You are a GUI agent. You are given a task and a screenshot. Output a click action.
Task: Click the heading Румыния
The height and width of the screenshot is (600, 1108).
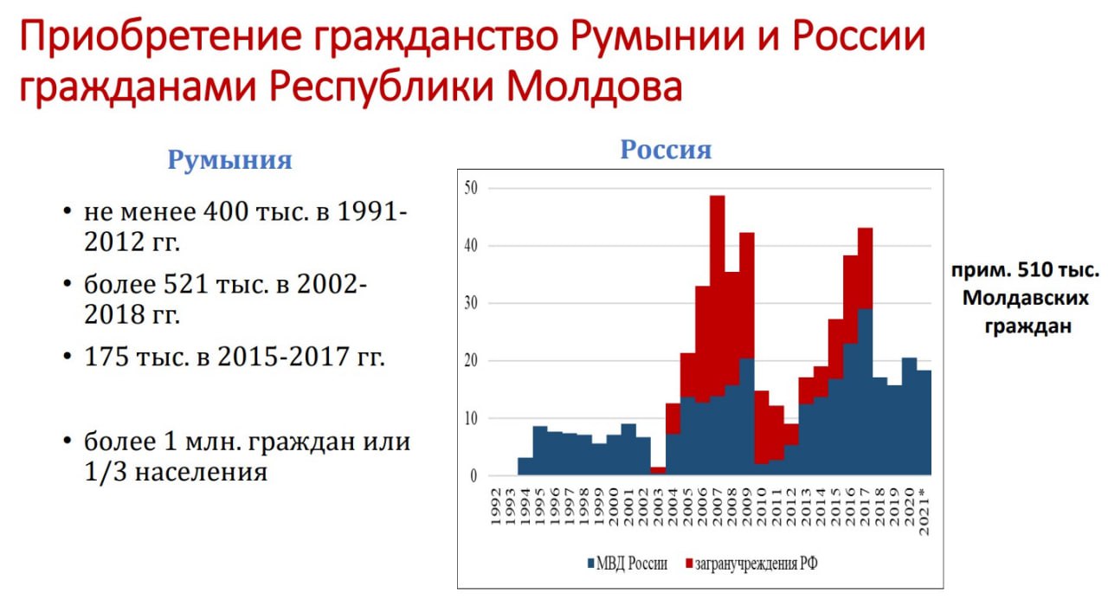click(230, 160)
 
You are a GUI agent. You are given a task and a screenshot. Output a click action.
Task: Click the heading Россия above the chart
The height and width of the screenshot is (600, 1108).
click(666, 149)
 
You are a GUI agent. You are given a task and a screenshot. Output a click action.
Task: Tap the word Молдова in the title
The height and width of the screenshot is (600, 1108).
click(595, 87)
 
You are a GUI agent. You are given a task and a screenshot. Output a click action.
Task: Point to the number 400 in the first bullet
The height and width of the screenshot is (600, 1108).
click(226, 211)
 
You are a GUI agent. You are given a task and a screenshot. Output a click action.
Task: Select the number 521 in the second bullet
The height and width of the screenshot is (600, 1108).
click(186, 284)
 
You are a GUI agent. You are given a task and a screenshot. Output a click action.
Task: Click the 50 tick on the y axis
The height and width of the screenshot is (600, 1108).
click(471, 188)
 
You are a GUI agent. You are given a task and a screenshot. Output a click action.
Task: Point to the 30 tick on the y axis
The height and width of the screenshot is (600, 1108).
click(471, 303)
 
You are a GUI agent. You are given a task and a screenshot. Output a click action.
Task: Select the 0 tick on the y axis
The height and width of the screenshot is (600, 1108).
click(473, 475)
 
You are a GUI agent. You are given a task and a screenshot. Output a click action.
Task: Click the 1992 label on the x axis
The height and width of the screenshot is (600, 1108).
click(497, 506)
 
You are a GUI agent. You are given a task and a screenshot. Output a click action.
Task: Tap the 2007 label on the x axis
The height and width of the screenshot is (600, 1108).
click(718, 506)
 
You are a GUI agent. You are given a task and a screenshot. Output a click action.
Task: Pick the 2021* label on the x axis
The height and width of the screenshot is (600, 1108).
click(924, 512)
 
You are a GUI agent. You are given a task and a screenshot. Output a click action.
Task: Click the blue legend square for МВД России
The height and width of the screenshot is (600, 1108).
click(590, 563)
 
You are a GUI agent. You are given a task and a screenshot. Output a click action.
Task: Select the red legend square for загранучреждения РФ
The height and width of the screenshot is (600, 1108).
click(689, 563)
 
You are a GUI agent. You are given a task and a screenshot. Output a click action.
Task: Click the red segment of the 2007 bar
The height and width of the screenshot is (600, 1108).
click(718, 296)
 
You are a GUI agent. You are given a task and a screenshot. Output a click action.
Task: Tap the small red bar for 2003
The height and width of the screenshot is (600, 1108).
click(658, 470)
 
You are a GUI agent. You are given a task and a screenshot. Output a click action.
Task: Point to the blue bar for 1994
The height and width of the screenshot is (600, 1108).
click(525, 467)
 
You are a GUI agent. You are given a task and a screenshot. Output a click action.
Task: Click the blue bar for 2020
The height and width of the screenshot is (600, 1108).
click(909, 416)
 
